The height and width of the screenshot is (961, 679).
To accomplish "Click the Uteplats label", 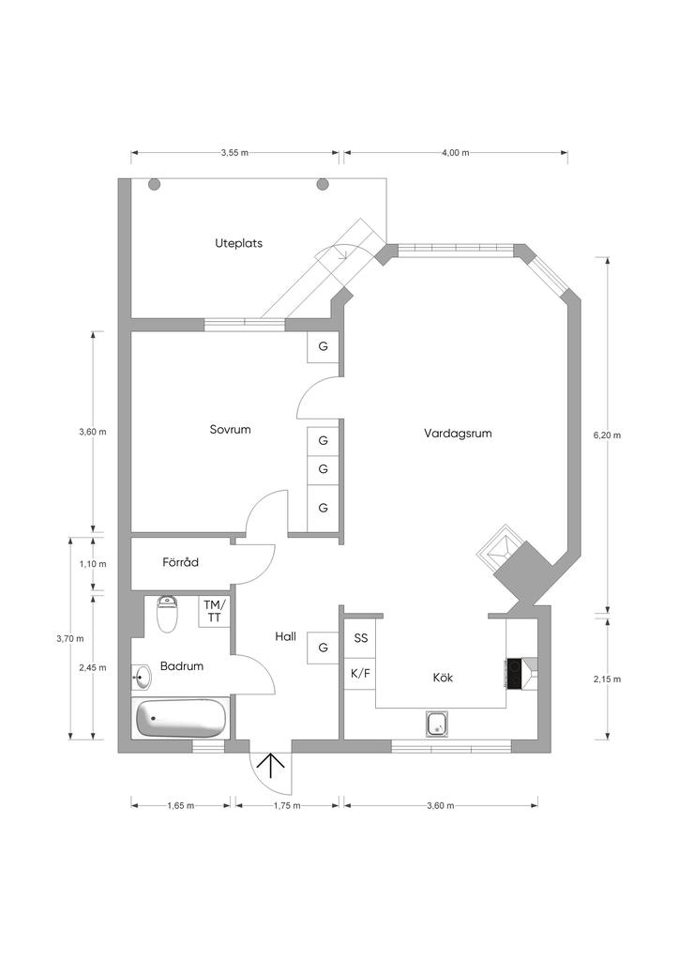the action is [x=238, y=243].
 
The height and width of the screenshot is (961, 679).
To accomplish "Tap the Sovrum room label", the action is [x=230, y=430].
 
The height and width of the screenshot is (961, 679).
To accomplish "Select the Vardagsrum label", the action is [x=458, y=434].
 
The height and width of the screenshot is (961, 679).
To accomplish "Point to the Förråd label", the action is [x=180, y=562].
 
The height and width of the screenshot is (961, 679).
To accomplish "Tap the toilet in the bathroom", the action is [x=168, y=615].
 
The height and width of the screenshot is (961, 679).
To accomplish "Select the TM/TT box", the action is [x=214, y=611].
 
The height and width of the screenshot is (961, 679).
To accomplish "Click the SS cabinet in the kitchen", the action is [x=360, y=638].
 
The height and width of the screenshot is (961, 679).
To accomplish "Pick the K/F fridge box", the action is [x=360, y=674].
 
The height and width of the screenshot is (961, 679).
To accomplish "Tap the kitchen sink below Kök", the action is [x=436, y=724].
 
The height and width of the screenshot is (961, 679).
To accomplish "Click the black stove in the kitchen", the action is [x=514, y=673].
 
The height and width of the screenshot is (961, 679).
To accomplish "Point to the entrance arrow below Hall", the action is [x=272, y=767].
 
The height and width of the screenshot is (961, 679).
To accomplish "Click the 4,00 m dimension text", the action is [x=455, y=152].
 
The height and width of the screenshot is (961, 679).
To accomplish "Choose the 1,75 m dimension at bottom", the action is [x=287, y=805].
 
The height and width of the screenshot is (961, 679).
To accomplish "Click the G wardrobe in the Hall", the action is [x=323, y=648].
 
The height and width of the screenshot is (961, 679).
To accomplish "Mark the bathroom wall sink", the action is [x=142, y=674].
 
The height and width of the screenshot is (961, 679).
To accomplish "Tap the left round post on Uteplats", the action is [x=155, y=184].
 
